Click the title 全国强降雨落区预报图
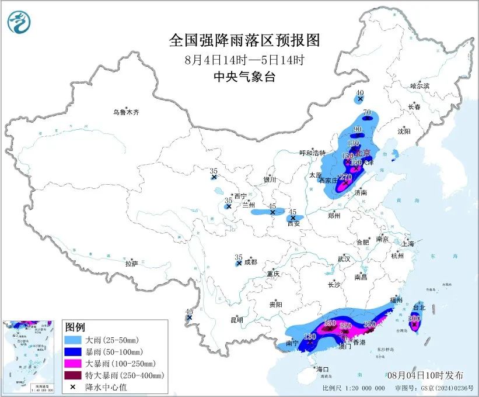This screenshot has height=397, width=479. (244, 40)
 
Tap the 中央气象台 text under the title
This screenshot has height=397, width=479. (244, 77)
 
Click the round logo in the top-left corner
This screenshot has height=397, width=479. (19, 22)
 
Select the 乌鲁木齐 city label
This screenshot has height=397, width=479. (127, 112)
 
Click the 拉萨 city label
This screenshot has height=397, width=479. (131, 264)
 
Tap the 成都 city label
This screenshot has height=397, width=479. (250, 262)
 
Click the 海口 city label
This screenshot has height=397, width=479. (322, 369)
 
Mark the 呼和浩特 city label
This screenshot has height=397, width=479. (312, 153)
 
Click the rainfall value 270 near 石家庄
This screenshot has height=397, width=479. (345, 177)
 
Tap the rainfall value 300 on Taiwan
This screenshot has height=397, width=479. (414, 319)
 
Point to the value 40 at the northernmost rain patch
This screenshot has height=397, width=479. (360, 93)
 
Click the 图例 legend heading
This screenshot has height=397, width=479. (75, 327)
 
